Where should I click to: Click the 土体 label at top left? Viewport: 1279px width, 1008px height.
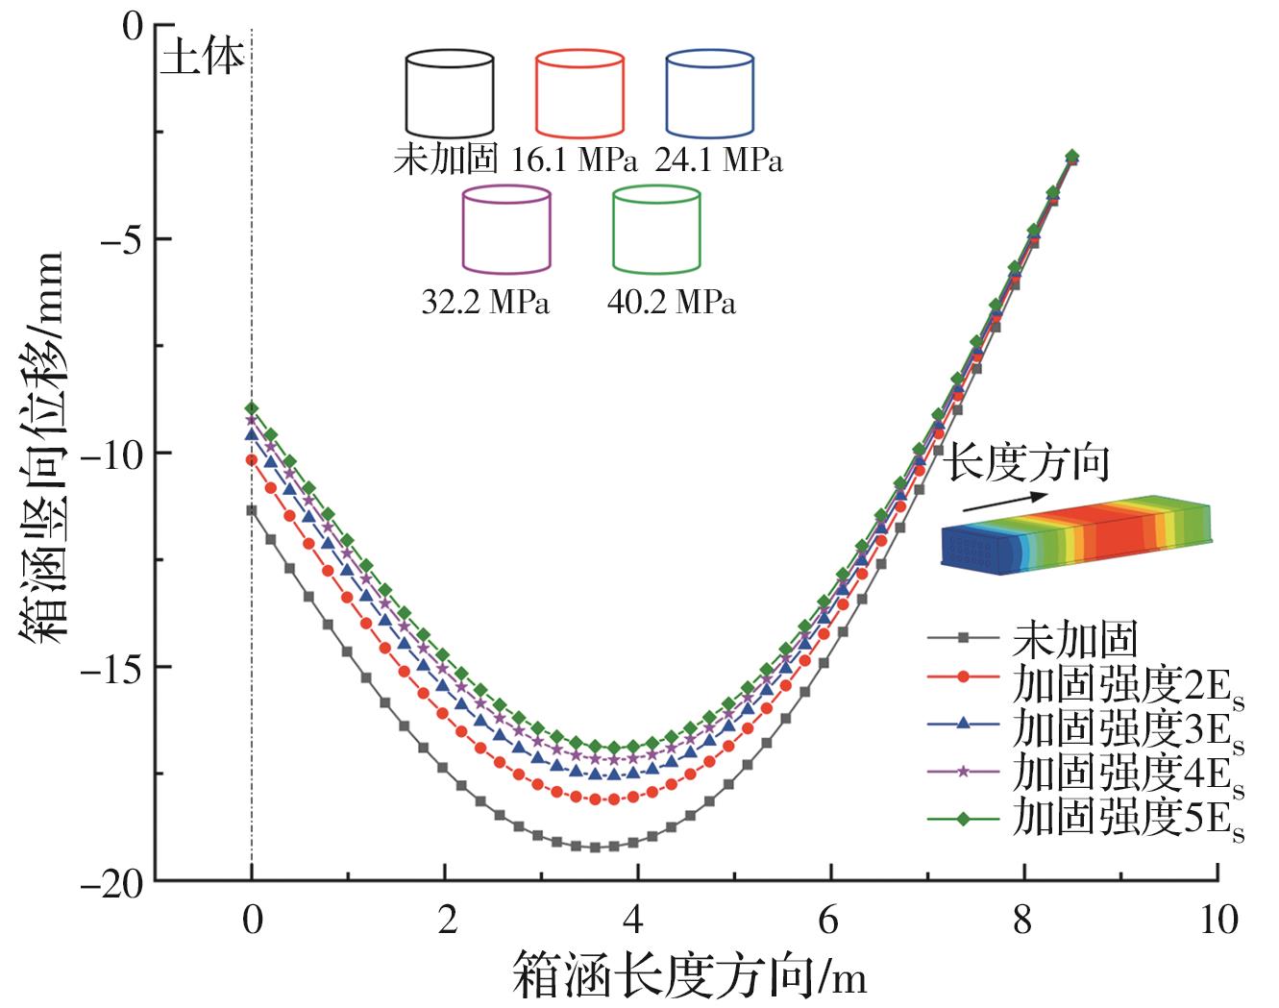click(202, 59)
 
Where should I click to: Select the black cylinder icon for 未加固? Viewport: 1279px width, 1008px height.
click(450, 94)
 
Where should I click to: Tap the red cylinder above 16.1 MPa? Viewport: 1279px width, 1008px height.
click(579, 94)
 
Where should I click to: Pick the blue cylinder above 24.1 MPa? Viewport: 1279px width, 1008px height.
click(710, 94)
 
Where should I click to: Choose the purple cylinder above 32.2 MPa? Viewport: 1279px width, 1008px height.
click(506, 229)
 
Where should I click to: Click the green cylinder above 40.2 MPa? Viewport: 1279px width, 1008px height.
click(656, 229)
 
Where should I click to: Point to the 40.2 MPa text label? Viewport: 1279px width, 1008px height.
click(672, 302)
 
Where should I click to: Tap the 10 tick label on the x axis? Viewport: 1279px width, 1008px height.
click(1218, 920)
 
